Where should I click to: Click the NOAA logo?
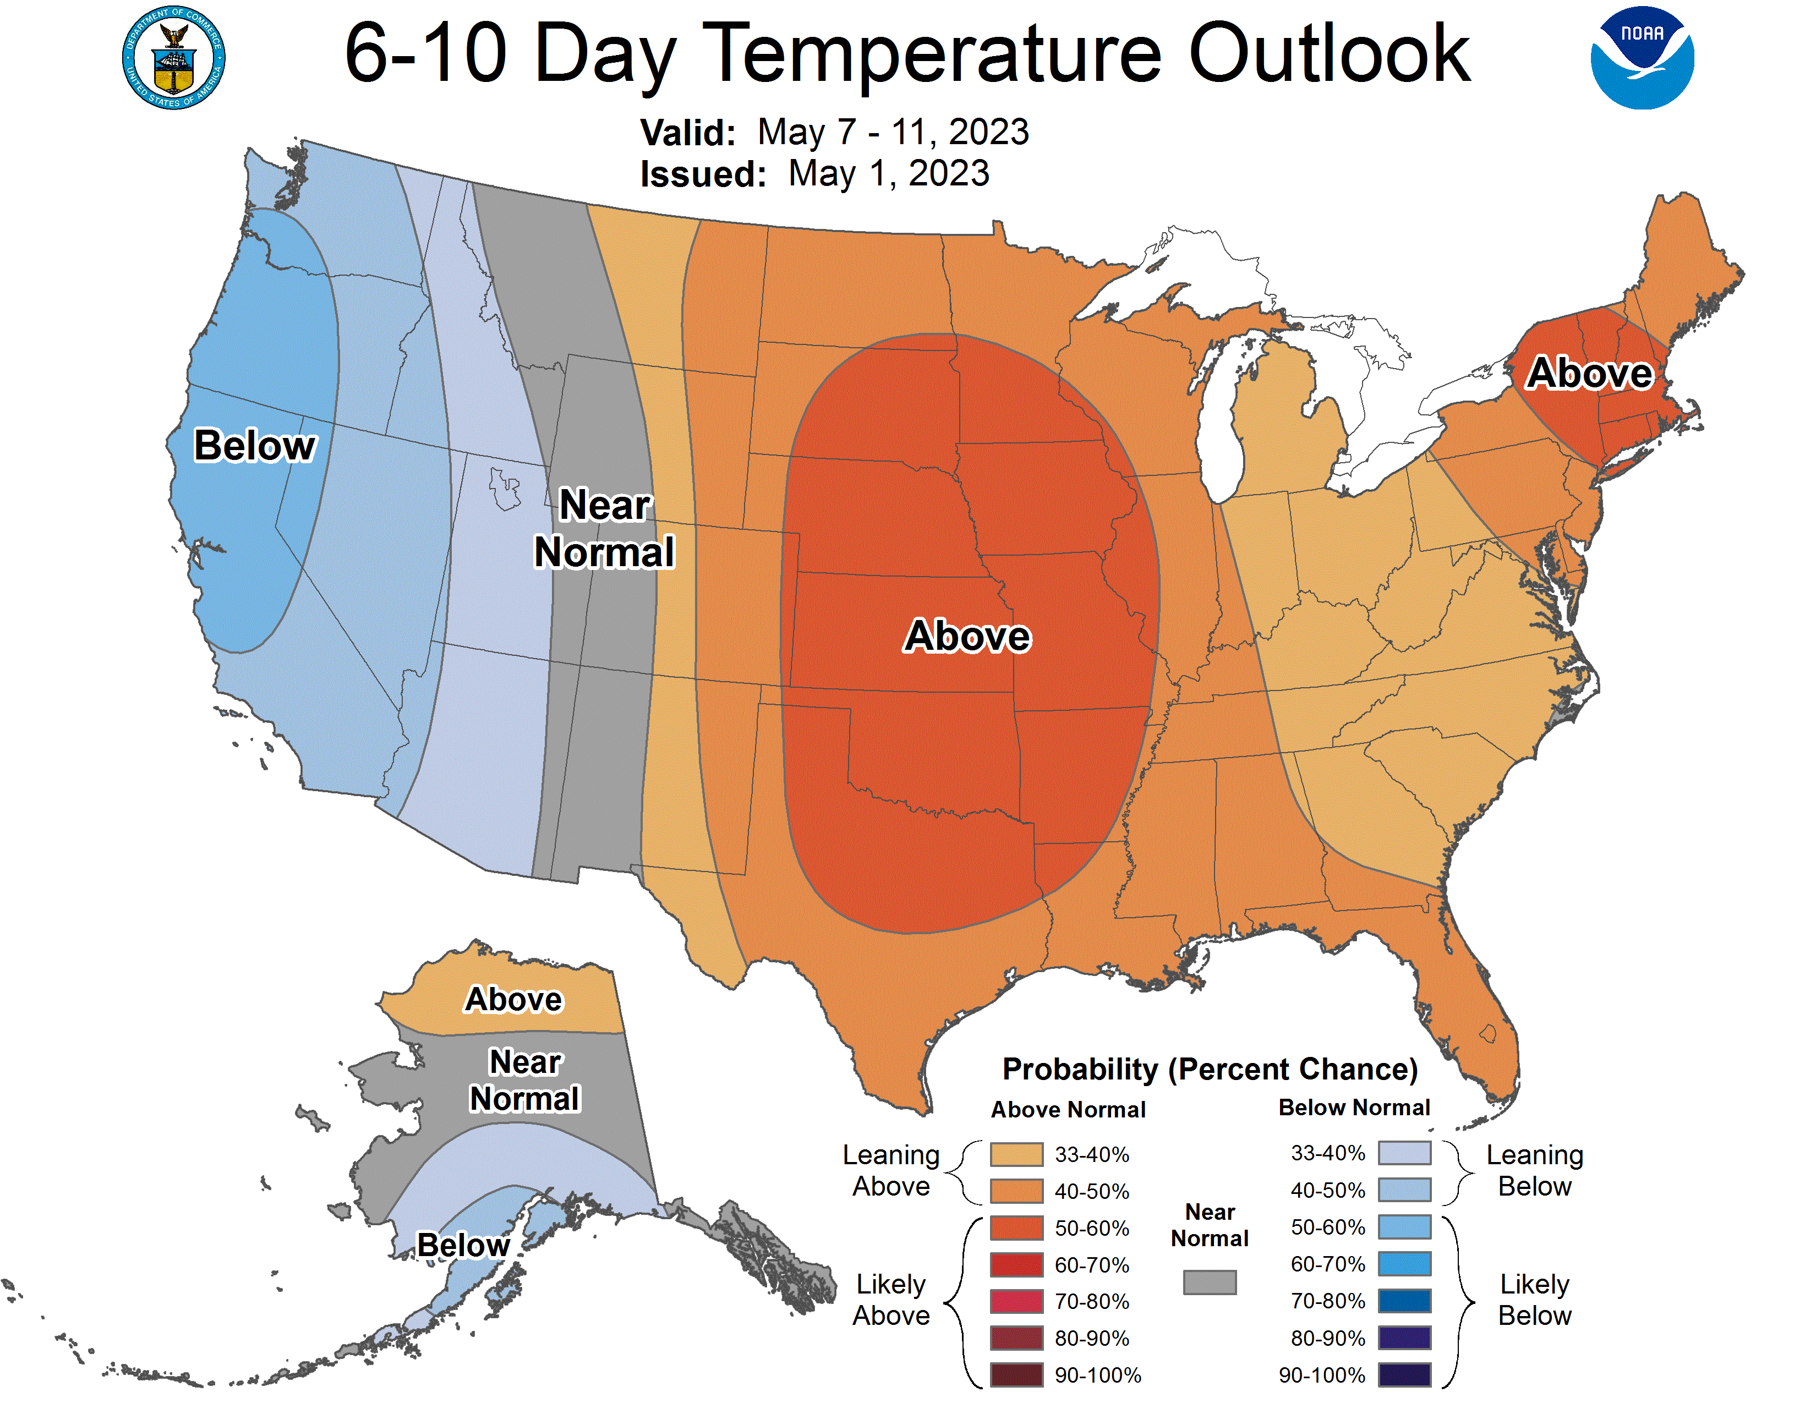(x=1642, y=58)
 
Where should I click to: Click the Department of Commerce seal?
(x=174, y=58)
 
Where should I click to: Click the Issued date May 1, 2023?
(x=888, y=174)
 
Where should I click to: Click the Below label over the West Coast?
(x=254, y=446)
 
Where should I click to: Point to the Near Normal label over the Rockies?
(x=604, y=529)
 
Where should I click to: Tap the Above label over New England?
(x=1589, y=373)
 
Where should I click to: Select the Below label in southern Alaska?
(x=463, y=1245)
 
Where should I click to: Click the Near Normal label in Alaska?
(x=524, y=1081)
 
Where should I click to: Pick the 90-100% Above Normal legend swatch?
(x=1016, y=1375)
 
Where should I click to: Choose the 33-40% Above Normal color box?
(x=1016, y=1154)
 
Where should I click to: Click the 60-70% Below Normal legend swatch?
(x=1404, y=1264)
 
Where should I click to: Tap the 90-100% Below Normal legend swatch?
(x=1404, y=1375)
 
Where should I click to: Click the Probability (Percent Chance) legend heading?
(x=1210, y=1070)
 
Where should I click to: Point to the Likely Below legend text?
(x=1534, y=1300)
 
